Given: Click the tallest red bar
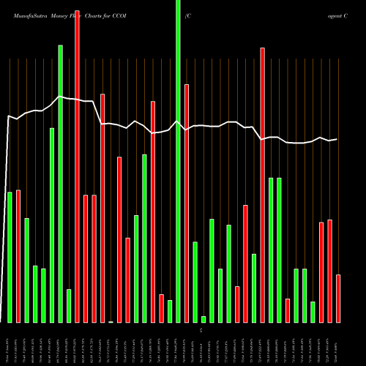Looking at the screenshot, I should [x=78, y=161].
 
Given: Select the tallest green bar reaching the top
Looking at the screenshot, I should [x=178, y=161].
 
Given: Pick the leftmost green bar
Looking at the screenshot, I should [x=10, y=256].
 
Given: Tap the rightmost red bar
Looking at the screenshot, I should [x=338, y=298].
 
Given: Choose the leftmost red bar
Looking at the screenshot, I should [x=18, y=255].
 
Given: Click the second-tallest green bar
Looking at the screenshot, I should [x=61, y=183].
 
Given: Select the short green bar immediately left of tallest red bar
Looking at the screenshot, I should [x=69, y=305].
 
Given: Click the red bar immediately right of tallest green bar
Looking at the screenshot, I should [x=187, y=203].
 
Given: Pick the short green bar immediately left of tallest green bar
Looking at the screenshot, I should [x=170, y=311].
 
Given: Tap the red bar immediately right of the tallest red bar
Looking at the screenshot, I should [x=86, y=258].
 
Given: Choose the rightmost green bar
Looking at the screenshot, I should [x=313, y=312].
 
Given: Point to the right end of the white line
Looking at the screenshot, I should [x=337, y=139].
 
